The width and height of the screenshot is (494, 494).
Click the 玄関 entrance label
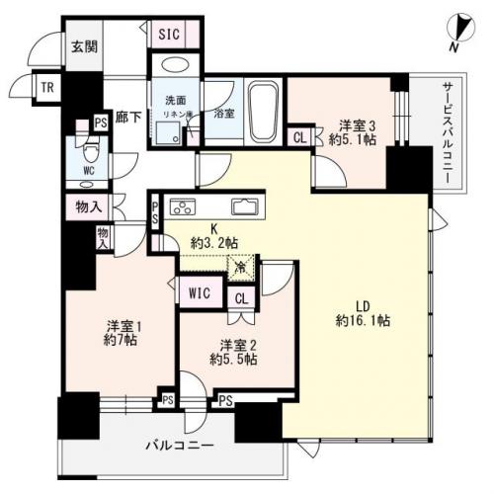tap(84, 45)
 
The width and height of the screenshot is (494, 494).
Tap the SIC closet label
tap(169, 33)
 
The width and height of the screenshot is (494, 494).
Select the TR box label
tap(46, 87)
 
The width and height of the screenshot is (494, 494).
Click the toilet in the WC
tap(90, 151)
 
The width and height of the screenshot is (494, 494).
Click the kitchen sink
tap(244, 206)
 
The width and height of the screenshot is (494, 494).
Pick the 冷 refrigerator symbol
tap(239, 267)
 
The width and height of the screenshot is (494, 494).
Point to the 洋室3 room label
tap(357, 125)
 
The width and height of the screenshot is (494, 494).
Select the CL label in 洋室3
tap(298, 138)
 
